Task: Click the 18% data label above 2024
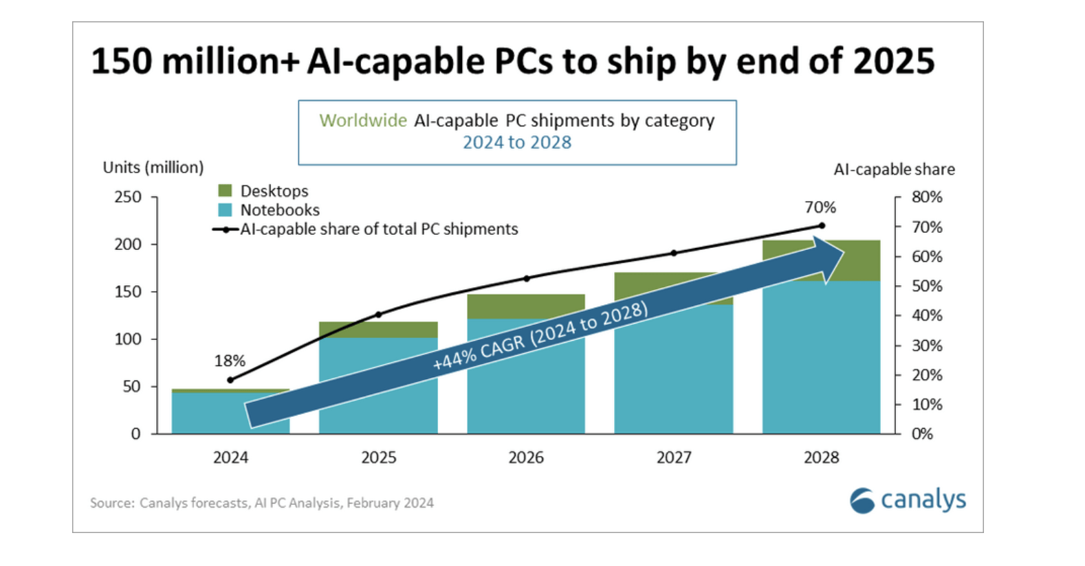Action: pos(230,361)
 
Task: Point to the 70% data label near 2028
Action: pos(820,207)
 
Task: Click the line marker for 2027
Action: pos(674,253)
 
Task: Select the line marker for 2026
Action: pos(527,278)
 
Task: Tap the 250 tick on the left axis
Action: pos(128,197)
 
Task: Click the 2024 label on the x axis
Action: pos(230,457)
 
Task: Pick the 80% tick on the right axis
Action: pos(927,197)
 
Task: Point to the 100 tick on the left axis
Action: pos(128,339)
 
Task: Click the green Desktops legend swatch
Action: pos(225,190)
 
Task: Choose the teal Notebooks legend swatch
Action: pos(225,210)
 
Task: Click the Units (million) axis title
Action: pos(153,168)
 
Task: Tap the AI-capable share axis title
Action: pos(894,169)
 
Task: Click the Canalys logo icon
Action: pos(862,501)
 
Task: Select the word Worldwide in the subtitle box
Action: pos(363,121)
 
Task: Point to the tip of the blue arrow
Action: pos(843,252)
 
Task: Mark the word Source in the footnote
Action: pos(112,503)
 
